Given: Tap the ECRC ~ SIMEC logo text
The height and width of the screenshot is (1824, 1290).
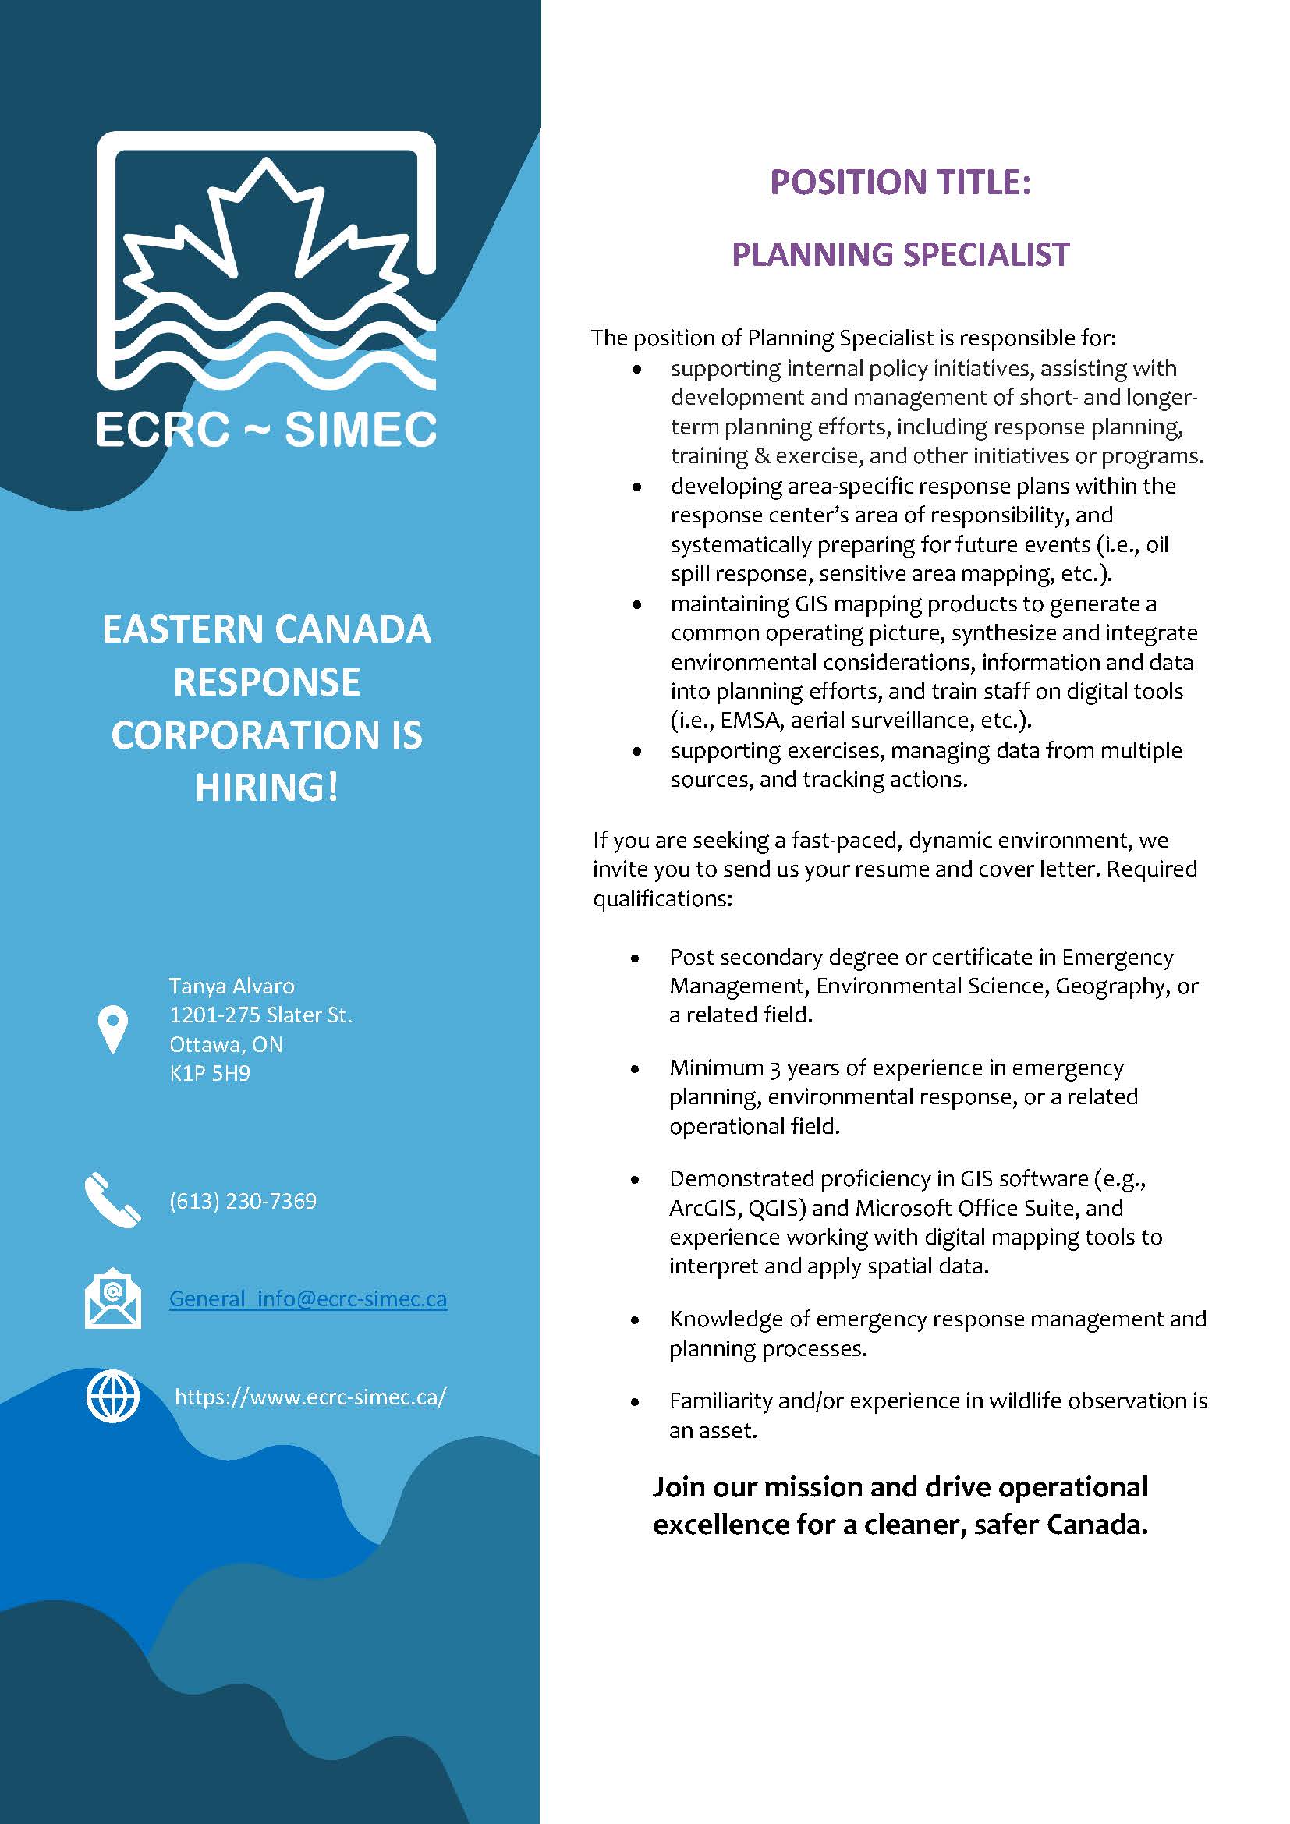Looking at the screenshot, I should click(266, 430).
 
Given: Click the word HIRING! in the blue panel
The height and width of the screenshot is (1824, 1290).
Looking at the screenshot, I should click(267, 788).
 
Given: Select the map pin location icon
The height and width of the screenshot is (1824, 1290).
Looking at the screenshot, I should click(113, 1029).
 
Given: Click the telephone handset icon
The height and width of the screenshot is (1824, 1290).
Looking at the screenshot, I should click(113, 1200).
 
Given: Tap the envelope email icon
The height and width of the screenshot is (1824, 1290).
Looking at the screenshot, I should click(113, 1299).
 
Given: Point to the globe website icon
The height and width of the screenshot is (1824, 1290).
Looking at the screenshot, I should click(113, 1397).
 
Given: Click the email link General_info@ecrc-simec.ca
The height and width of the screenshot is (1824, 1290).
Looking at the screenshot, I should click(308, 1299).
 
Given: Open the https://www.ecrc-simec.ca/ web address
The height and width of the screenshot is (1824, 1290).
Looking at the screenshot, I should click(310, 1397).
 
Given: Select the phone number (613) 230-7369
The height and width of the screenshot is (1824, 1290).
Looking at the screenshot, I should click(243, 1200).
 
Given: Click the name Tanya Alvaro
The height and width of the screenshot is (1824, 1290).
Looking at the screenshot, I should click(232, 986).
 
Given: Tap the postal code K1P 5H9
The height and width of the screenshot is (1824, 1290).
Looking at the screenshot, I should click(210, 1074).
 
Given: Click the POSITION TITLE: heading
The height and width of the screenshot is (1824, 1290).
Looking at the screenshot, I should click(900, 182).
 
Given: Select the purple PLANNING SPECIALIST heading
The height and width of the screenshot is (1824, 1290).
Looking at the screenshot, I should click(900, 255).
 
